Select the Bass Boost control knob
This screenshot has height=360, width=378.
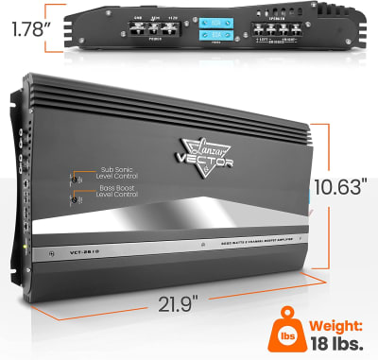tap(75, 198)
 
